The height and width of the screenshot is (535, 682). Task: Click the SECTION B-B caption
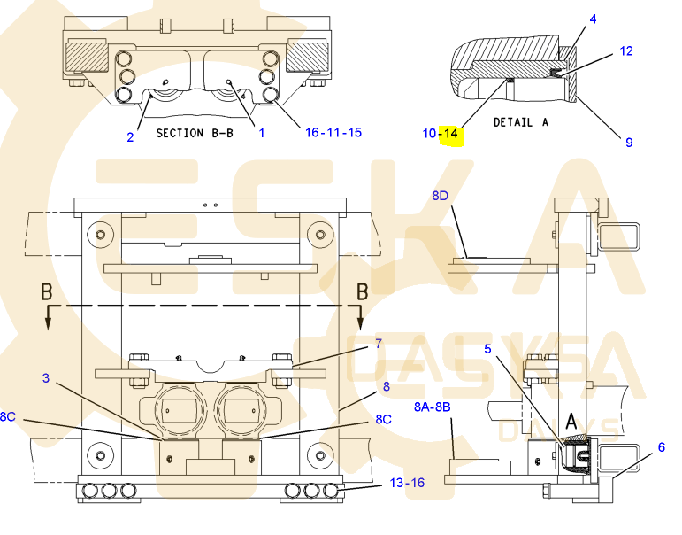tap(195, 133)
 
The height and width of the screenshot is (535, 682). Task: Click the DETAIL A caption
tap(521, 122)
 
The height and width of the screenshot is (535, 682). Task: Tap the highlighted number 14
tap(450, 134)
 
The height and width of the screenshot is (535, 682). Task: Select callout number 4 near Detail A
tap(593, 19)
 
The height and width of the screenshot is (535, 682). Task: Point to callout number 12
tap(626, 51)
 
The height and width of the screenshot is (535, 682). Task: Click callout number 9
tap(629, 143)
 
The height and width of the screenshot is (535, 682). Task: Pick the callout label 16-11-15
tap(333, 133)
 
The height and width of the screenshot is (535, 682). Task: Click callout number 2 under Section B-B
tap(130, 137)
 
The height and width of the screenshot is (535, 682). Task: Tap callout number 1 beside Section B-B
tap(262, 133)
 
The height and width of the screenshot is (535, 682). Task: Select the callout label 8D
tap(441, 196)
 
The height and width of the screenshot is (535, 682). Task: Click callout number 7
tap(379, 344)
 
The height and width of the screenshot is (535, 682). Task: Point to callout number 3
tap(46, 377)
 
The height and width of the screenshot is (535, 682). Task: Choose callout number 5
tap(487, 348)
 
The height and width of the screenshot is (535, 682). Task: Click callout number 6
tap(661, 447)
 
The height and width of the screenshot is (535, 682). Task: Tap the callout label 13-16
tap(407, 483)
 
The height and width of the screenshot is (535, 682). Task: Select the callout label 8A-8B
tap(432, 407)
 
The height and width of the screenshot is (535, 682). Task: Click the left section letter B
tap(47, 291)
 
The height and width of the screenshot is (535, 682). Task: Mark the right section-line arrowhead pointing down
tap(360, 322)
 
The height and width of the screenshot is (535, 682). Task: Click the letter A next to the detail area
tap(571, 422)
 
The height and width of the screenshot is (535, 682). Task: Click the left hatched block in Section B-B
tap(86, 58)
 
